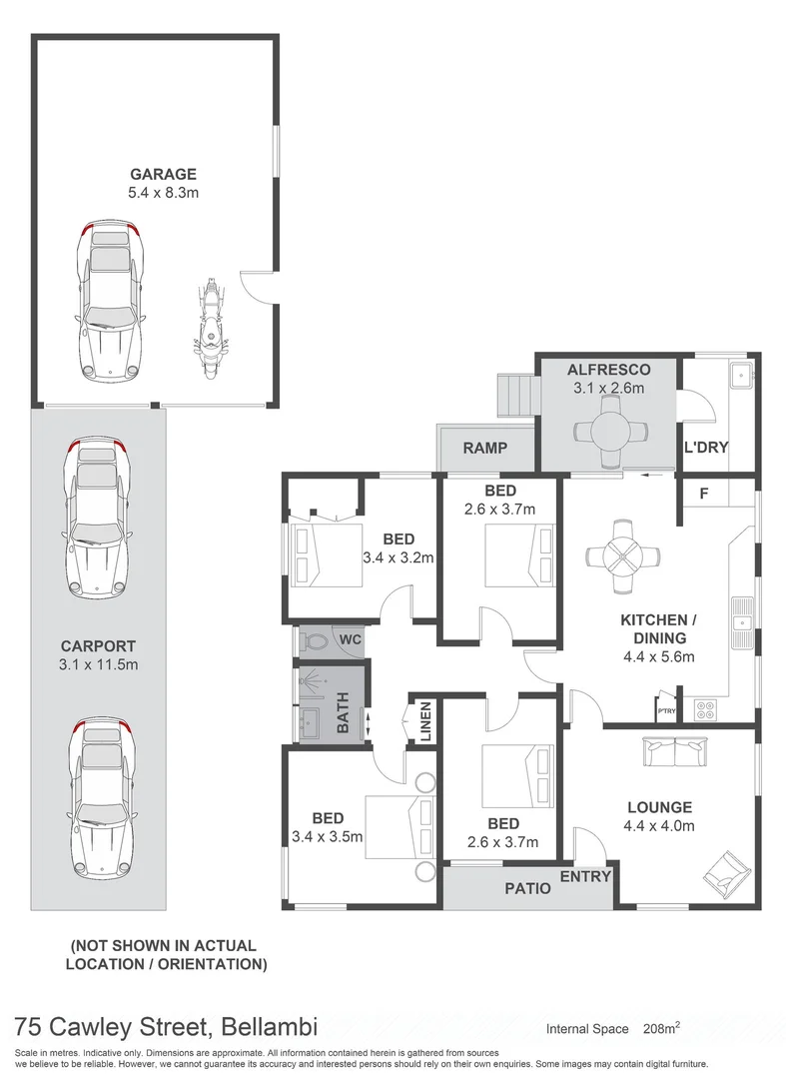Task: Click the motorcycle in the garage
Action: [x=210, y=328]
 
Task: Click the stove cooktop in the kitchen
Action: [x=705, y=708]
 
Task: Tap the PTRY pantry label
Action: [x=665, y=710]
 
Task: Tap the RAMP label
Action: [x=484, y=449]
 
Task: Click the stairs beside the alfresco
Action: [x=517, y=397]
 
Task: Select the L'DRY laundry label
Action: [x=704, y=447]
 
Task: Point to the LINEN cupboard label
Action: [x=424, y=721]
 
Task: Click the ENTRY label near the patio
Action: [x=585, y=876]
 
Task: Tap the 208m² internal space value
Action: [x=662, y=1028]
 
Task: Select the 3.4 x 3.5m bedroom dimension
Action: [x=326, y=836]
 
